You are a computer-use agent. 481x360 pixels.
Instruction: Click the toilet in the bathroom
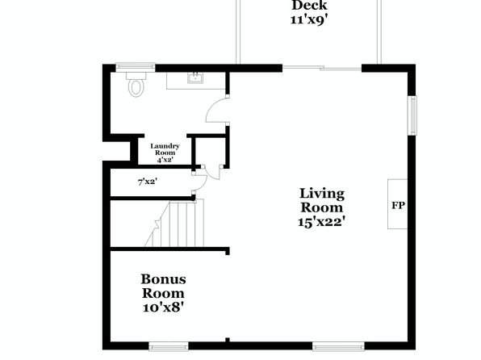[136, 85]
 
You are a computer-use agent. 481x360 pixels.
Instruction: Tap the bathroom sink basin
[195, 78]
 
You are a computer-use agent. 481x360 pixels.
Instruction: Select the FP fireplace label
[398, 205]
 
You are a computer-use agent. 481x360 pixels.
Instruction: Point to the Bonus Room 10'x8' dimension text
[163, 307]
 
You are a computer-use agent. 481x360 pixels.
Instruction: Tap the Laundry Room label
[165, 149]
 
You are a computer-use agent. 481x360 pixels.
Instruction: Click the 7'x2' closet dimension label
[148, 182]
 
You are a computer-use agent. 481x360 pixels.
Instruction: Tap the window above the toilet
[136, 67]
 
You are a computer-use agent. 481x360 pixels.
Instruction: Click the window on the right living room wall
[412, 115]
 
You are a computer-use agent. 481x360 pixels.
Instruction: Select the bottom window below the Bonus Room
[169, 347]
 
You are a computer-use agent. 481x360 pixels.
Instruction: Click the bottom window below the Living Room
[339, 347]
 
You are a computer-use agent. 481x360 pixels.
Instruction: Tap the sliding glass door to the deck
[322, 68]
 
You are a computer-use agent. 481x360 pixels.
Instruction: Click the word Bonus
[163, 279]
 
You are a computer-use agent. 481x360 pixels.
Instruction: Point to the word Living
[322, 194]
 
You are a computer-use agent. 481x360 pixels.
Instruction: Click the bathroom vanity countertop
[196, 81]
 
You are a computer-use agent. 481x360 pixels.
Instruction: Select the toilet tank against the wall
[136, 76]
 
